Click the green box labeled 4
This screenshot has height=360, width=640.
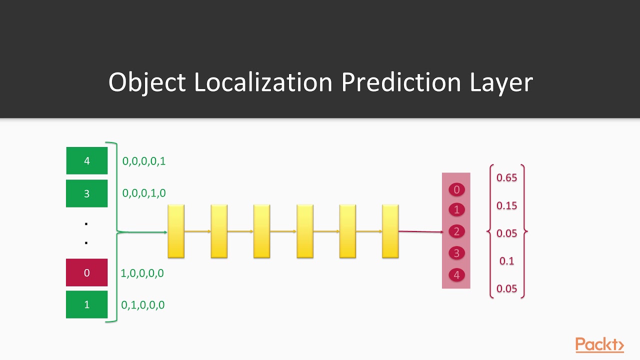click(87, 161)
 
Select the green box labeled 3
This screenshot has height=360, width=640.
click(87, 193)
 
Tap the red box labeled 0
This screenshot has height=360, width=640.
click(87, 272)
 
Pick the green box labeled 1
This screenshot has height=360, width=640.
click(87, 304)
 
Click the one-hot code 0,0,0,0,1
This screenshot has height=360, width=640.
click(144, 161)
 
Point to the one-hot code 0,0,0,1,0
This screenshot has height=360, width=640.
click(144, 193)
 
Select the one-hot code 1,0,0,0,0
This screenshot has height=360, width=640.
click(142, 273)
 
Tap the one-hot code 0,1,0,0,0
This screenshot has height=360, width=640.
click(143, 305)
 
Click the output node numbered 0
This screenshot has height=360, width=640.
click(456, 189)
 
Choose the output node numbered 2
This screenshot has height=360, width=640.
click(456, 231)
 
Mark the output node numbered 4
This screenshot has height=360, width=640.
click(456, 275)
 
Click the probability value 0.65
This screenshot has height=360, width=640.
click(506, 178)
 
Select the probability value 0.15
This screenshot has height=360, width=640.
click(506, 206)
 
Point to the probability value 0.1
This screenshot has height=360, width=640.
click(506, 261)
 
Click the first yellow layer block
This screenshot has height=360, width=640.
click(176, 231)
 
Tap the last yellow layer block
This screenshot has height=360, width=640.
click(390, 231)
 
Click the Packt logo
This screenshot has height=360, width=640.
click(599, 345)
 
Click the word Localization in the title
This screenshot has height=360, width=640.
click(263, 82)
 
